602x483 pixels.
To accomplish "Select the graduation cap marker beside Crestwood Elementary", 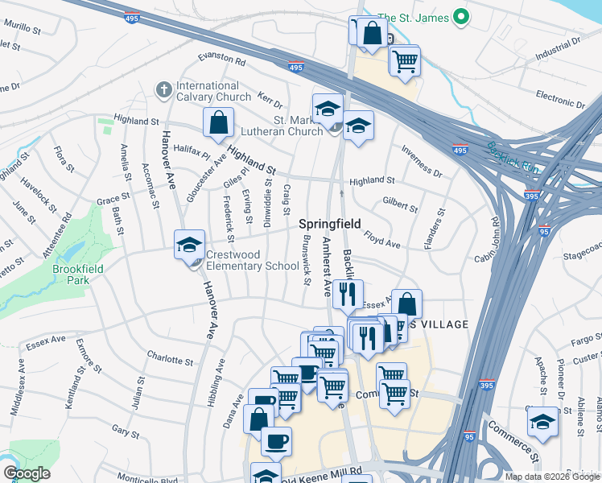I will pyautogui.click(x=190, y=245).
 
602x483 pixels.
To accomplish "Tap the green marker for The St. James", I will pyautogui.click(x=460, y=16).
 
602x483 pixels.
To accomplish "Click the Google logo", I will pyautogui.click(x=27, y=473).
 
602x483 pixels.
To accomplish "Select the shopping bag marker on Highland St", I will pyautogui.click(x=219, y=123).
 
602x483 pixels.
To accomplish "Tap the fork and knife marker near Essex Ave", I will pyautogui.click(x=348, y=295).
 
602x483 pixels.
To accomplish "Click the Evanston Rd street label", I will pyautogui.click(x=222, y=60).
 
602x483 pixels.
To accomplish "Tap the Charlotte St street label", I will pyautogui.click(x=170, y=360).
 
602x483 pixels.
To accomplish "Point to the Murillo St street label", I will pyautogui.click(x=22, y=27).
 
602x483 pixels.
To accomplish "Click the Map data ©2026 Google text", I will pyautogui.click(x=551, y=476).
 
